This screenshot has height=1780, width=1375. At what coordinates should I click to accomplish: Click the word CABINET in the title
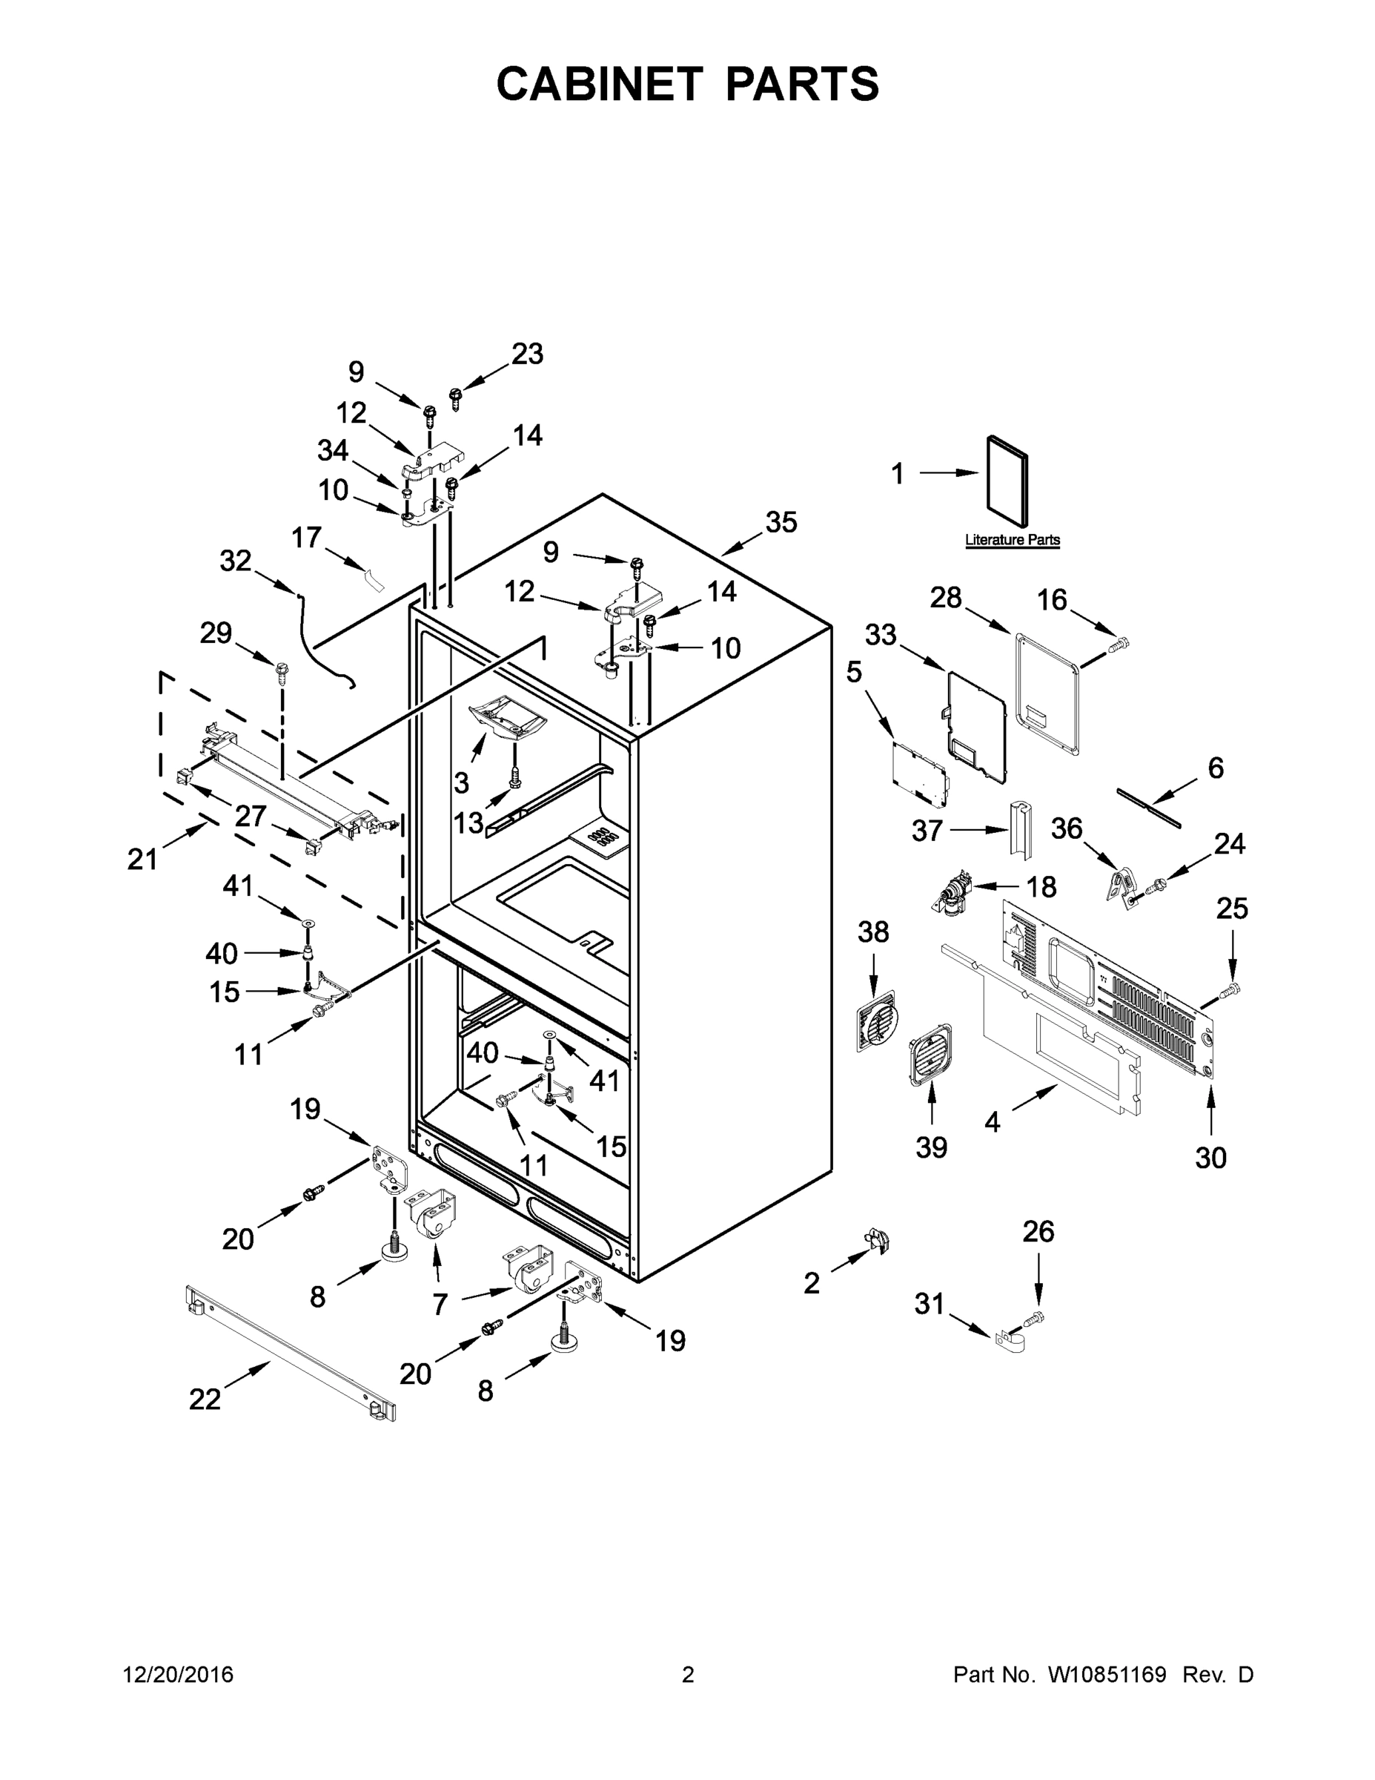click(600, 84)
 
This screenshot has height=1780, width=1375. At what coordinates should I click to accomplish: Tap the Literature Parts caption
click(1013, 539)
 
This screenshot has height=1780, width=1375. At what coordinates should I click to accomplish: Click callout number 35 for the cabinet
click(781, 522)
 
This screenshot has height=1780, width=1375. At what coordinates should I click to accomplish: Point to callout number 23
click(527, 355)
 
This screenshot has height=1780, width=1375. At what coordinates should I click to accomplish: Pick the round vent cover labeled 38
click(875, 1021)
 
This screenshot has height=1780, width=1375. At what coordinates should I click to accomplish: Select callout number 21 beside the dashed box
click(142, 858)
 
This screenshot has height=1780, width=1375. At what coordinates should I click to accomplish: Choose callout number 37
click(927, 831)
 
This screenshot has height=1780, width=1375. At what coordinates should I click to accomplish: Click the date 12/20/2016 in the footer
click(179, 1675)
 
